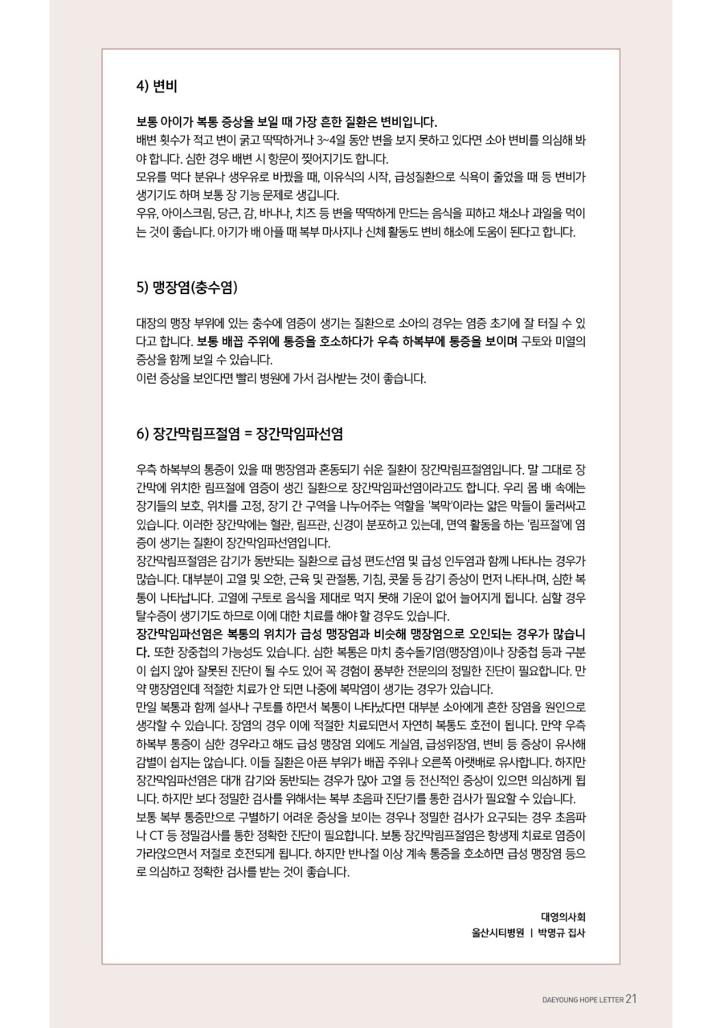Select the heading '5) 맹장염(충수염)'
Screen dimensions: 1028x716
click(x=186, y=287)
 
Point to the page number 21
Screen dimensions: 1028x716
click(x=631, y=998)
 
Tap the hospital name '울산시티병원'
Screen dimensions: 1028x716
click(x=497, y=933)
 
